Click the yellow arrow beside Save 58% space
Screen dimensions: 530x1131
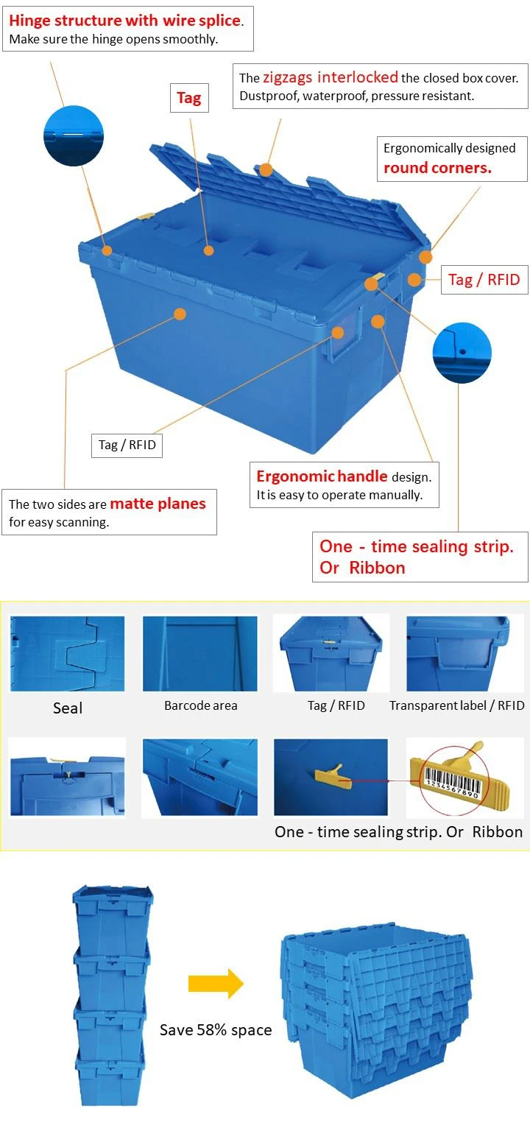[216, 984]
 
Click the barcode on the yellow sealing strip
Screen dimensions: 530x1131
[451, 782]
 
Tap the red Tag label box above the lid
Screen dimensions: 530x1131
[189, 97]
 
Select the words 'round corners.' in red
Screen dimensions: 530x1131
[438, 168]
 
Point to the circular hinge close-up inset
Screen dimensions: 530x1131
[74, 135]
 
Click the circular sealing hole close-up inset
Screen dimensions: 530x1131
[462, 353]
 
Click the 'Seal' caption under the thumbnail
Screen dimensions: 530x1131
[68, 708]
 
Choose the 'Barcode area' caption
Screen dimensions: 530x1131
[200, 705]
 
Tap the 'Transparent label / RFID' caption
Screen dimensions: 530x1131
[457, 705]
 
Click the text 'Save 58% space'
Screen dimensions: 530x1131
[216, 1029]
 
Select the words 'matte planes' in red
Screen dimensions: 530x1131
[158, 504]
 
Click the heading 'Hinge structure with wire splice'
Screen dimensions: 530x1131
[124, 20]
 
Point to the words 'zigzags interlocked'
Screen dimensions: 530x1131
[331, 77]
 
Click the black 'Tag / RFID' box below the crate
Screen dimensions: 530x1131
[127, 445]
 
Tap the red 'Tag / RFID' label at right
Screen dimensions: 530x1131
[484, 280]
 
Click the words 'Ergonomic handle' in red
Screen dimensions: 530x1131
[322, 476]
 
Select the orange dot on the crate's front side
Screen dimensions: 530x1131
[180, 314]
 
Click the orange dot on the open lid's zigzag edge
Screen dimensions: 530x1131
[266, 169]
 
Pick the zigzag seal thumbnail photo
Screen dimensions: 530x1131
[67, 653]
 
